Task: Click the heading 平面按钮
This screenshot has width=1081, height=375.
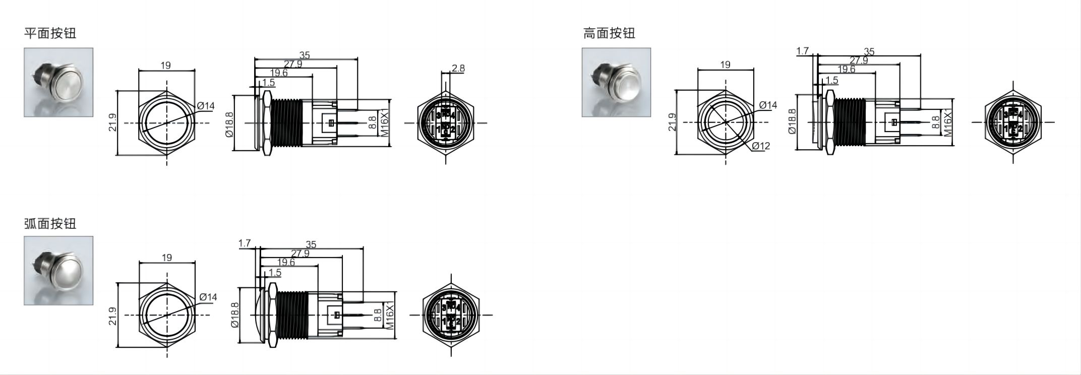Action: (x=50, y=33)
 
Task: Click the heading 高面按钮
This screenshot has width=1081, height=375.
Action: (x=609, y=33)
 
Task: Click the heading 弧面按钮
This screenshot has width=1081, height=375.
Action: (x=50, y=223)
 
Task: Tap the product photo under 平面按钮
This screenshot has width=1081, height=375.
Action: (x=58, y=82)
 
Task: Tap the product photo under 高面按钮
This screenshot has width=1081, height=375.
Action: (x=616, y=82)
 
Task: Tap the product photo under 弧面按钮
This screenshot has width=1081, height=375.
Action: (x=58, y=270)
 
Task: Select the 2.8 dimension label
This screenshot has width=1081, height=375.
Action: (x=458, y=68)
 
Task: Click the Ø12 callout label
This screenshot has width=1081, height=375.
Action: (x=761, y=146)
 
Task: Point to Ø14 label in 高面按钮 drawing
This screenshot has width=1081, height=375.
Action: (x=768, y=105)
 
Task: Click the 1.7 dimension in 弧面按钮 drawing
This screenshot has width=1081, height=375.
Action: (x=245, y=243)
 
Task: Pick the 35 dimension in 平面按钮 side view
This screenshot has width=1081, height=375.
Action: (x=304, y=55)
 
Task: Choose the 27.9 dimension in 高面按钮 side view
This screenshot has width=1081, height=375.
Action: (x=859, y=60)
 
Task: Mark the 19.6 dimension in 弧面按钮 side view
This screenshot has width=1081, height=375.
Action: (x=286, y=262)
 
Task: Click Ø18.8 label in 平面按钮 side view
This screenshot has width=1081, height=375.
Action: (x=229, y=124)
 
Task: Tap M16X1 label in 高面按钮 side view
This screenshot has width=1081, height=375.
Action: (x=948, y=122)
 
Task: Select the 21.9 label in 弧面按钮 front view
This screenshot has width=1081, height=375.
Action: (x=112, y=316)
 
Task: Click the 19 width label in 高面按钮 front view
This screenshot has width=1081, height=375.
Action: (x=725, y=65)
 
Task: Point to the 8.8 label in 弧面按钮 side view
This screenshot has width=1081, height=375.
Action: (x=378, y=316)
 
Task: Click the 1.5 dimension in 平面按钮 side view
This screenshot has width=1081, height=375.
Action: (x=268, y=82)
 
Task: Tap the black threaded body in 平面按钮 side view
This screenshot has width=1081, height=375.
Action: (x=286, y=123)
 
